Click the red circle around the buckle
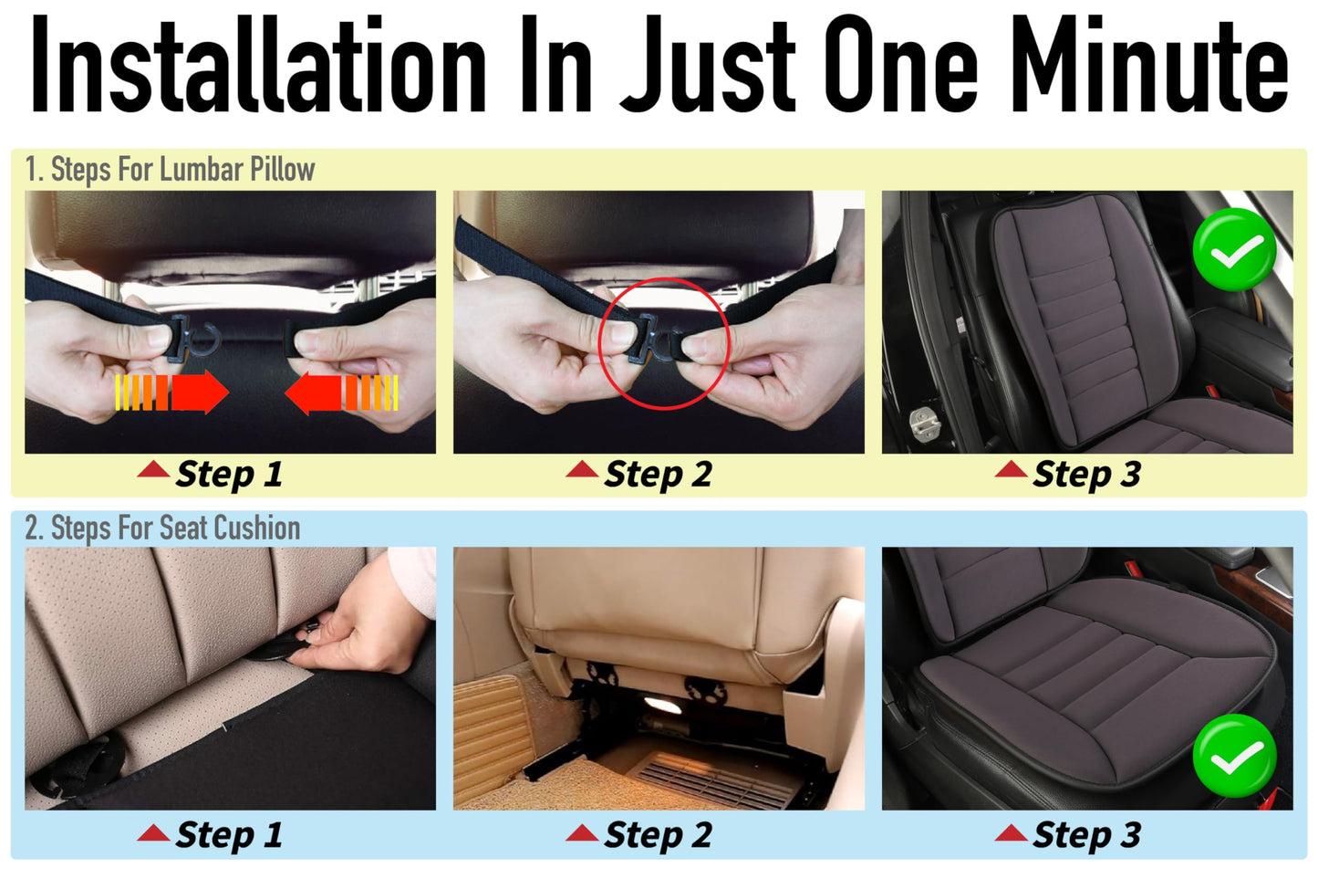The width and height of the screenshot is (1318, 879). click(663, 344)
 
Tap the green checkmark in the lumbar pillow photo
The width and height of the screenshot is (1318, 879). click(1233, 249)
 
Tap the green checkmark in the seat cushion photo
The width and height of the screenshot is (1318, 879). click(1233, 756)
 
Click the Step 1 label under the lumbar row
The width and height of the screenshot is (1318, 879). click(228, 475)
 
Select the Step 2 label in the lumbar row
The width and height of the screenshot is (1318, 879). click(657, 475)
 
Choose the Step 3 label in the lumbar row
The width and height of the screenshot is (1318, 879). click(1085, 475)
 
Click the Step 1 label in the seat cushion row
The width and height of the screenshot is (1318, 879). click(228, 835)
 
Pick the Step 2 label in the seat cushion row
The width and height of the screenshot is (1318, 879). click(657, 835)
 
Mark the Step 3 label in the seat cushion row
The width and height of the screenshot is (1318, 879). click(1085, 835)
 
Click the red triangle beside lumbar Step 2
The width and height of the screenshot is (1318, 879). click(582, 470)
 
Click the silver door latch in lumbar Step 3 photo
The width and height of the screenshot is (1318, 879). click(924, 424)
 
